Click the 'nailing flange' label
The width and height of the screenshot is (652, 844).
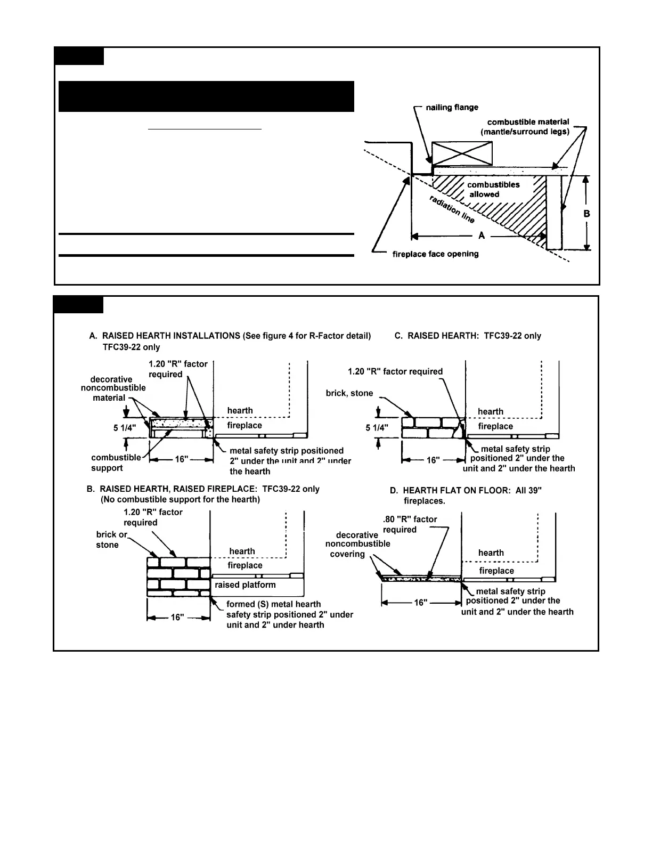click(x=452, y=108)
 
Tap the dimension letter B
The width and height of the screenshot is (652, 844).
click(x=586, y=214)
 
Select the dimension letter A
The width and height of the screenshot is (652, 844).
click(x=482, y=236)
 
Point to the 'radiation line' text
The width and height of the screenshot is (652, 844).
click(x=452, y=209)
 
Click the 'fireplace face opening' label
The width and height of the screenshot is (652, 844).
click(x=435, y=254)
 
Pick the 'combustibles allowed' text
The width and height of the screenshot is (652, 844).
click(x=493, y=190)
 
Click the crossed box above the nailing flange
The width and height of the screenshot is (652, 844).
click(x=462, y=153)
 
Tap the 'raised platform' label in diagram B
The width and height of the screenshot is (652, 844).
click(x=245, y=585)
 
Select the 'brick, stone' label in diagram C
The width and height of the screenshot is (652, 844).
click(x=349, y=393)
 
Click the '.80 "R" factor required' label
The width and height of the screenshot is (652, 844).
click(x=410, y=524)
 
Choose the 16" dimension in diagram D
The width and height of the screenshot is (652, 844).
click(x=421, y=603)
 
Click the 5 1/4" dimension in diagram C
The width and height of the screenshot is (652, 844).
click(x=377, y=428)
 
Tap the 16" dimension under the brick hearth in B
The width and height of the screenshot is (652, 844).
click(x=177, y=618)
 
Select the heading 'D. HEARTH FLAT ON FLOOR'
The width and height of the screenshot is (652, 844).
click(x=466, y=490)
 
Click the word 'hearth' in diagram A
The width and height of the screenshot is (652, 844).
click(x=240, y=410)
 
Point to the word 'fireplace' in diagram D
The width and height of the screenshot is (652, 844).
click(x=496, y=571)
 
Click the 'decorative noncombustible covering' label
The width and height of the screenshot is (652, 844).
click(x=357, y=545)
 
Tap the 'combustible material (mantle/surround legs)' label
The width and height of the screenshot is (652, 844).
click(x=528, y=127)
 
